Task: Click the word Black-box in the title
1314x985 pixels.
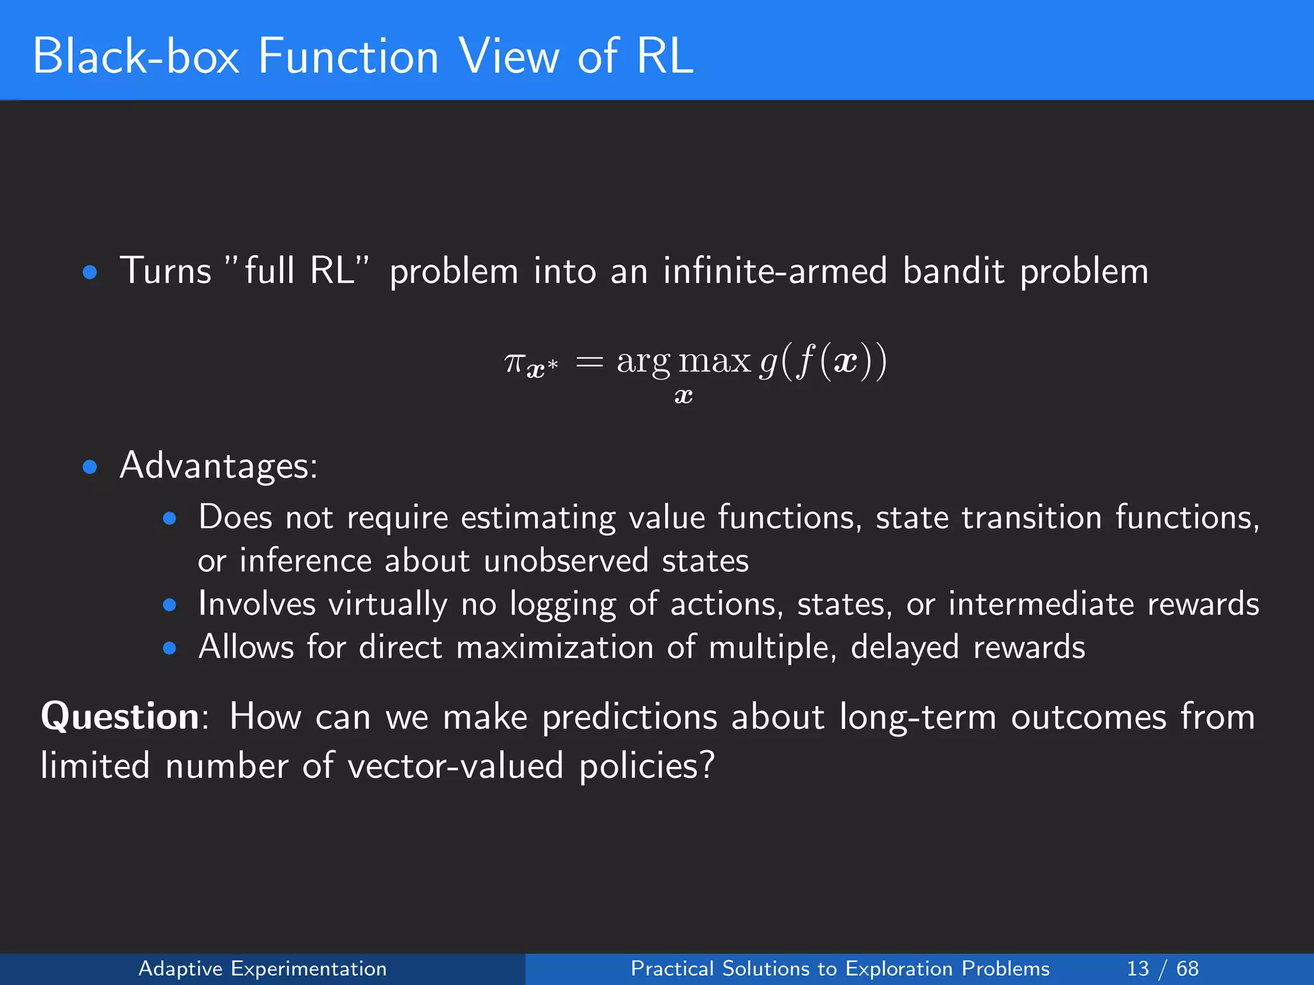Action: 136,56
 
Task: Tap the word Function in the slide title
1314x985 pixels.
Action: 348,56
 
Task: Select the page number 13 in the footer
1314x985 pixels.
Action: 1138,968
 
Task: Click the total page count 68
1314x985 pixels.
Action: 1187,968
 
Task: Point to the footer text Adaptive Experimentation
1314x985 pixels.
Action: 262,968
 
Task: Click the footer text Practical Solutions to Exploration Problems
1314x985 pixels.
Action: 840,968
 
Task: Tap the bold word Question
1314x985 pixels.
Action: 120,716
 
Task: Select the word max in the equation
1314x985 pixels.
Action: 715,361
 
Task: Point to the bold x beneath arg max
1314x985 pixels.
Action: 684,396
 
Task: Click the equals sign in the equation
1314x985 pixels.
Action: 589,363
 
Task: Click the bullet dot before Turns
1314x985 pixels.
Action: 90,273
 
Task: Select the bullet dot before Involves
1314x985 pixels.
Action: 169,605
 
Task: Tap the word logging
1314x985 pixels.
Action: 563,605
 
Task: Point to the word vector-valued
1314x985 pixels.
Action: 456,766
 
